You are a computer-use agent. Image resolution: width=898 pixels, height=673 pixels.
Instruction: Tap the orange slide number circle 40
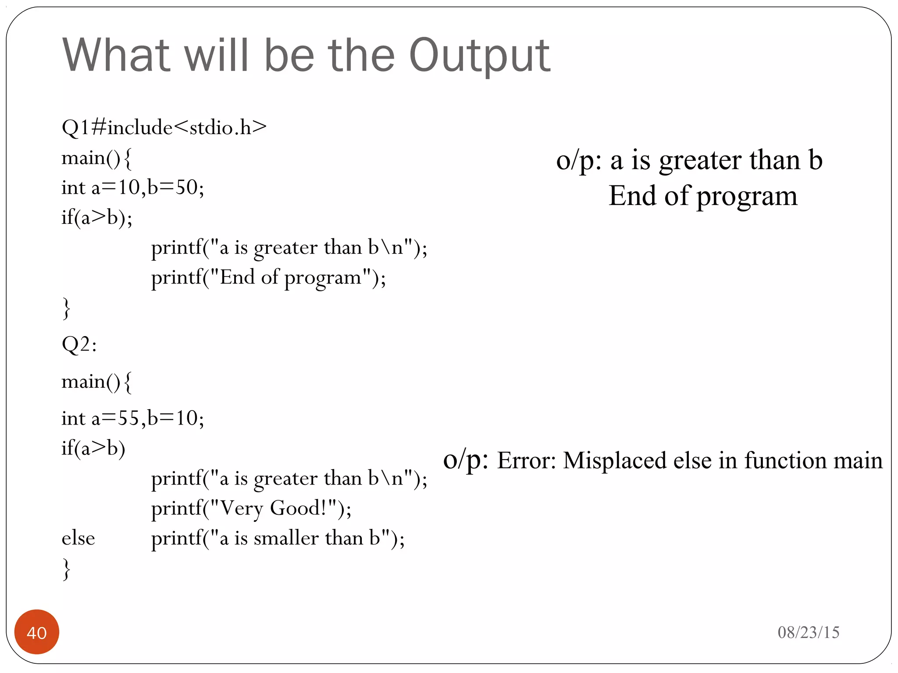click(37, 632)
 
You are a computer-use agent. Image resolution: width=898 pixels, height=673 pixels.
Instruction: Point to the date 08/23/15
click(808, 632)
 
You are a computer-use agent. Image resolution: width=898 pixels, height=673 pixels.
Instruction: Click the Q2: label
click(79, 344)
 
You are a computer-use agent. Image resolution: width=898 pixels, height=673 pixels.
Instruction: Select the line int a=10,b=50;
click(132, 188)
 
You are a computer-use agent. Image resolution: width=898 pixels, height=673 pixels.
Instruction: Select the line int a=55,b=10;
click(132, 418)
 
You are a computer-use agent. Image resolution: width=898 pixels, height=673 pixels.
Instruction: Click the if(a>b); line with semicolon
click(96, 217)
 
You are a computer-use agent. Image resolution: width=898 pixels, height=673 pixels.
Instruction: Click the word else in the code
click(78, 538)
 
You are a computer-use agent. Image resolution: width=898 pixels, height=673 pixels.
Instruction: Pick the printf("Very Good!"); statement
click(251, 508)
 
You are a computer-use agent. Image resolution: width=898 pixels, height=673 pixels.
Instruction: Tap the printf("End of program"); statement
click(268, 278)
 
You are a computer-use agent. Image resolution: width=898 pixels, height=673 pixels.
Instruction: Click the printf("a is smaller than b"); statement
click(278, 538)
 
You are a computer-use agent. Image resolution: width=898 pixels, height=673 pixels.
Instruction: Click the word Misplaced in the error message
click(614, 461)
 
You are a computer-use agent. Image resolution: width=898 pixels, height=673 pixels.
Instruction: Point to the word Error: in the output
click(526, 461)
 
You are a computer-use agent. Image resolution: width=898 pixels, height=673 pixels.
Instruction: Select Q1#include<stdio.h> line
click(164, 128)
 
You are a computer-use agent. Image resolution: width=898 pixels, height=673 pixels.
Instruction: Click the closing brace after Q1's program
click(66, 308)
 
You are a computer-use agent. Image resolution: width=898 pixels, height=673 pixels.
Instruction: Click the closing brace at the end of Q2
click(66, 569)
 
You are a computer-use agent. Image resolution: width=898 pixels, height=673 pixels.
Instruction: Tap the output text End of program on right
click(702, 196)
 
